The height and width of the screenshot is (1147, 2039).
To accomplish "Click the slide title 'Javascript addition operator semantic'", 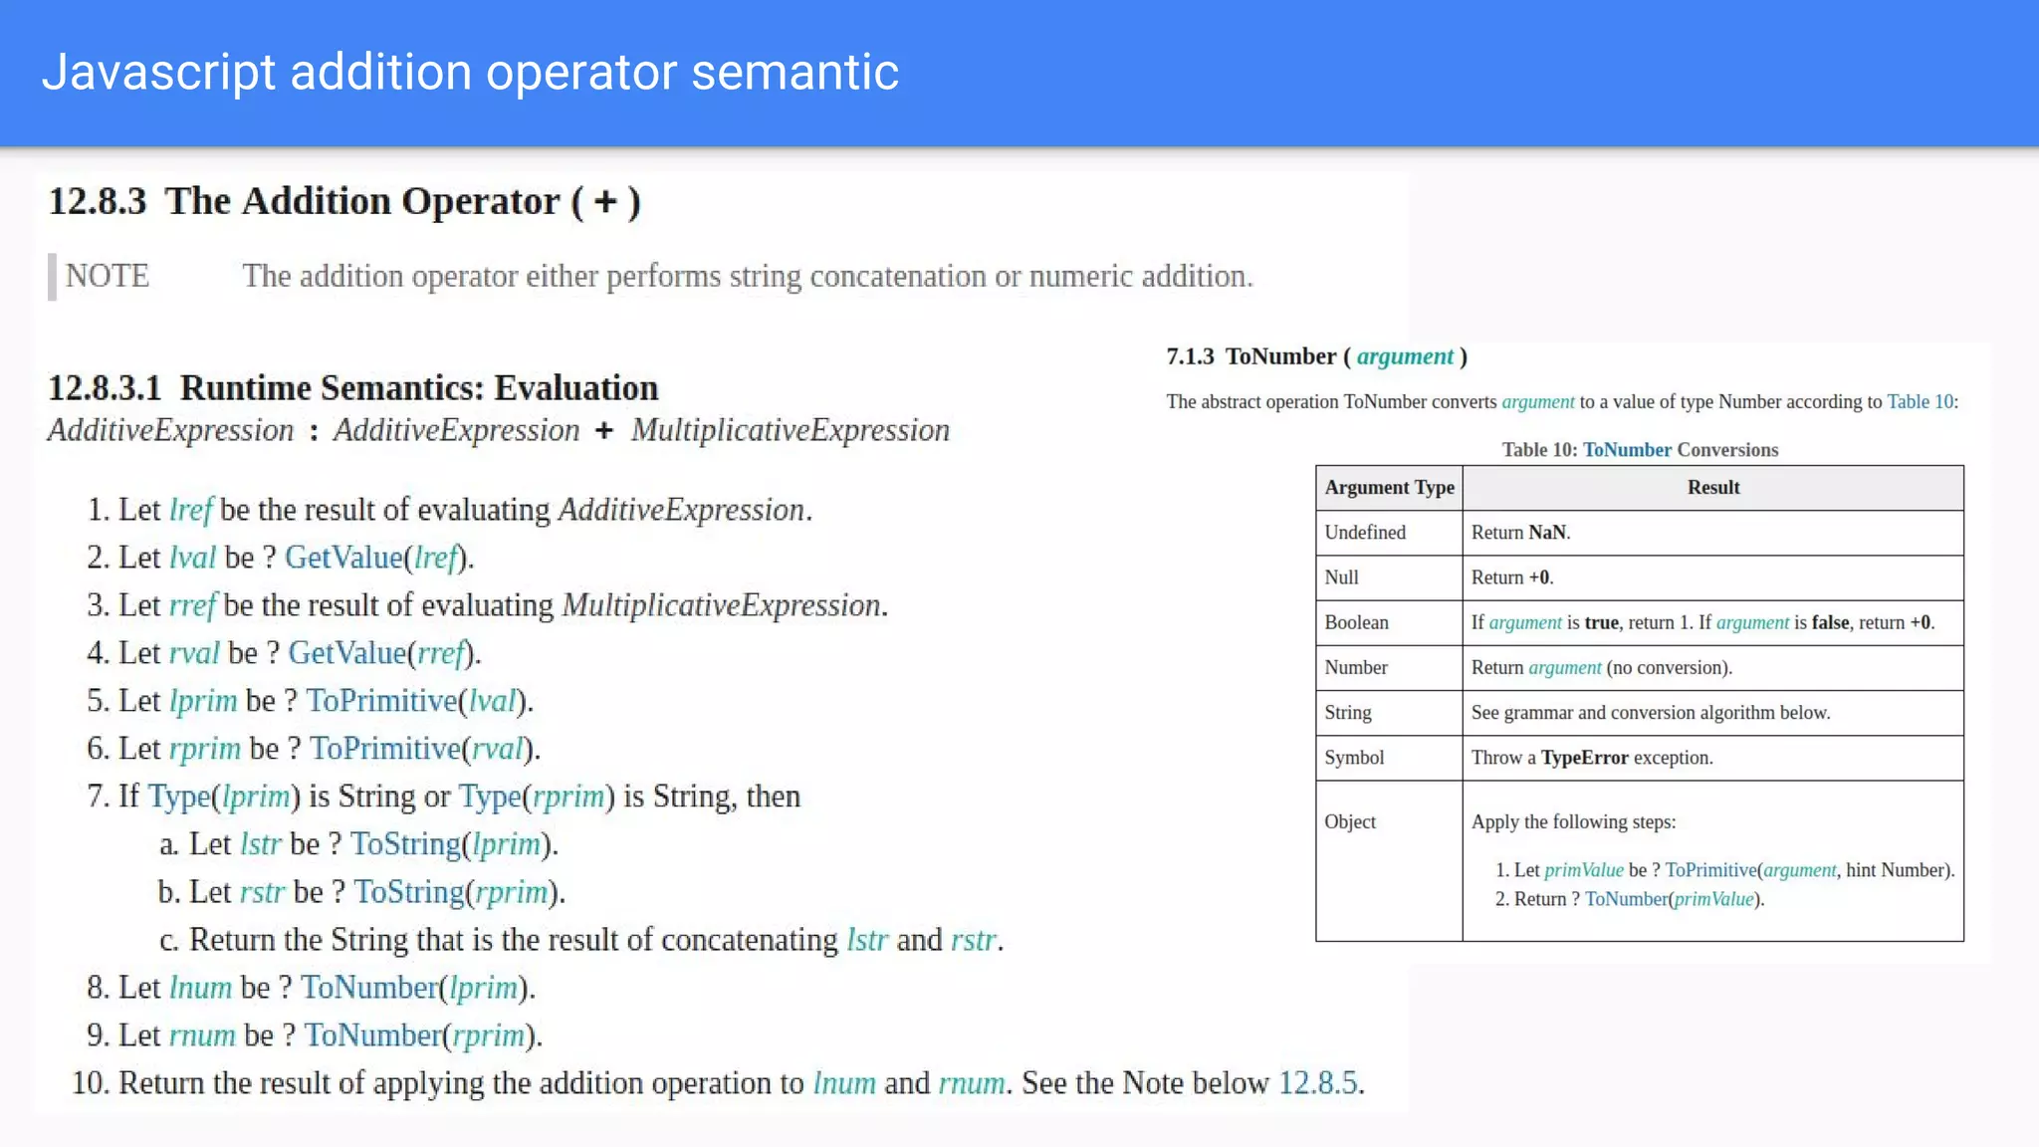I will [x=470, y=73].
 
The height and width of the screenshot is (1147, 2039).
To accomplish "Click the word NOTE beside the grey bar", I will [x=108, y=276].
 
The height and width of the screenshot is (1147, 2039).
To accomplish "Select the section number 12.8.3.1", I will [x=105, y=388].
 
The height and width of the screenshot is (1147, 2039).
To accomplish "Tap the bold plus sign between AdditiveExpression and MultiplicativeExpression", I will [x=604, y=431].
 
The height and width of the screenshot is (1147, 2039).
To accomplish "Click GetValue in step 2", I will [x=343, y=558].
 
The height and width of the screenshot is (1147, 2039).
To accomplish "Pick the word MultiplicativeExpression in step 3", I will [x=722, y=605].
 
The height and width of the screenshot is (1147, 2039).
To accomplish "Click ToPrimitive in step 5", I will [x=381, y=701].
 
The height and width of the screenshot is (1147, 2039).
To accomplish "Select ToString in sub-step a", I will [x=405, y=844].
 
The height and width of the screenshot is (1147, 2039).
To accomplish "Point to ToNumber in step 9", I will [x=372, y=1035].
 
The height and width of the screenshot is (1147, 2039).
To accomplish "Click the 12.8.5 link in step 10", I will [x=1318, y=1083].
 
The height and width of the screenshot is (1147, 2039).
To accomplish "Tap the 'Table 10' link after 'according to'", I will [x=1921, y=402].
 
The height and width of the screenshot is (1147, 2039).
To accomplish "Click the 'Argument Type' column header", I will [x=1389, y=488].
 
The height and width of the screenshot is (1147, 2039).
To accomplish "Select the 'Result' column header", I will [x=1713, y=488].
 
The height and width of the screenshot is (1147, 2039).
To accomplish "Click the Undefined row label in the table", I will [x=1365, y=533].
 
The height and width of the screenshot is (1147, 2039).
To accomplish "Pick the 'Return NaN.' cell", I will [x=1520, y=533].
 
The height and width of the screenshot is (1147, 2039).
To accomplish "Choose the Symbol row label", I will [x=1354, y=758].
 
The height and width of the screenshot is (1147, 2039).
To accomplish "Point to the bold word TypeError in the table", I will [x=1584, y=758].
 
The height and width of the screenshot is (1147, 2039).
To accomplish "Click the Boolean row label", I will [x=1356, y=622].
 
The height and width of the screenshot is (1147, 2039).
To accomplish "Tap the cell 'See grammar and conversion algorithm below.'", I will [x=1650, y=713].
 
